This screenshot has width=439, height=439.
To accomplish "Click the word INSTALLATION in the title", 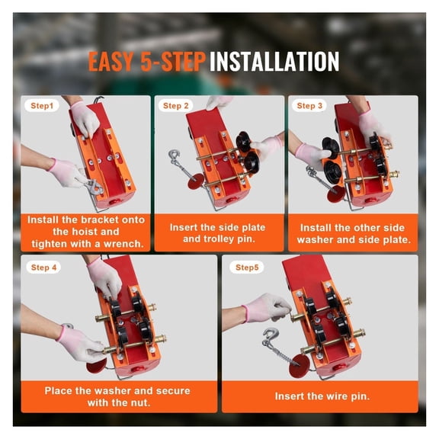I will pyautogui.click(x=274, y=61).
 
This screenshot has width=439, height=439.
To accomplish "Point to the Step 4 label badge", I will pyautogui.click(x=45, y=268).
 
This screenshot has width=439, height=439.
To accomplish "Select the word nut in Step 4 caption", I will pyautogui.click(x=143, y=402).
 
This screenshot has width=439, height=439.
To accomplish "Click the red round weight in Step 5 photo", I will pyautogui.click(x=300, y=361).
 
